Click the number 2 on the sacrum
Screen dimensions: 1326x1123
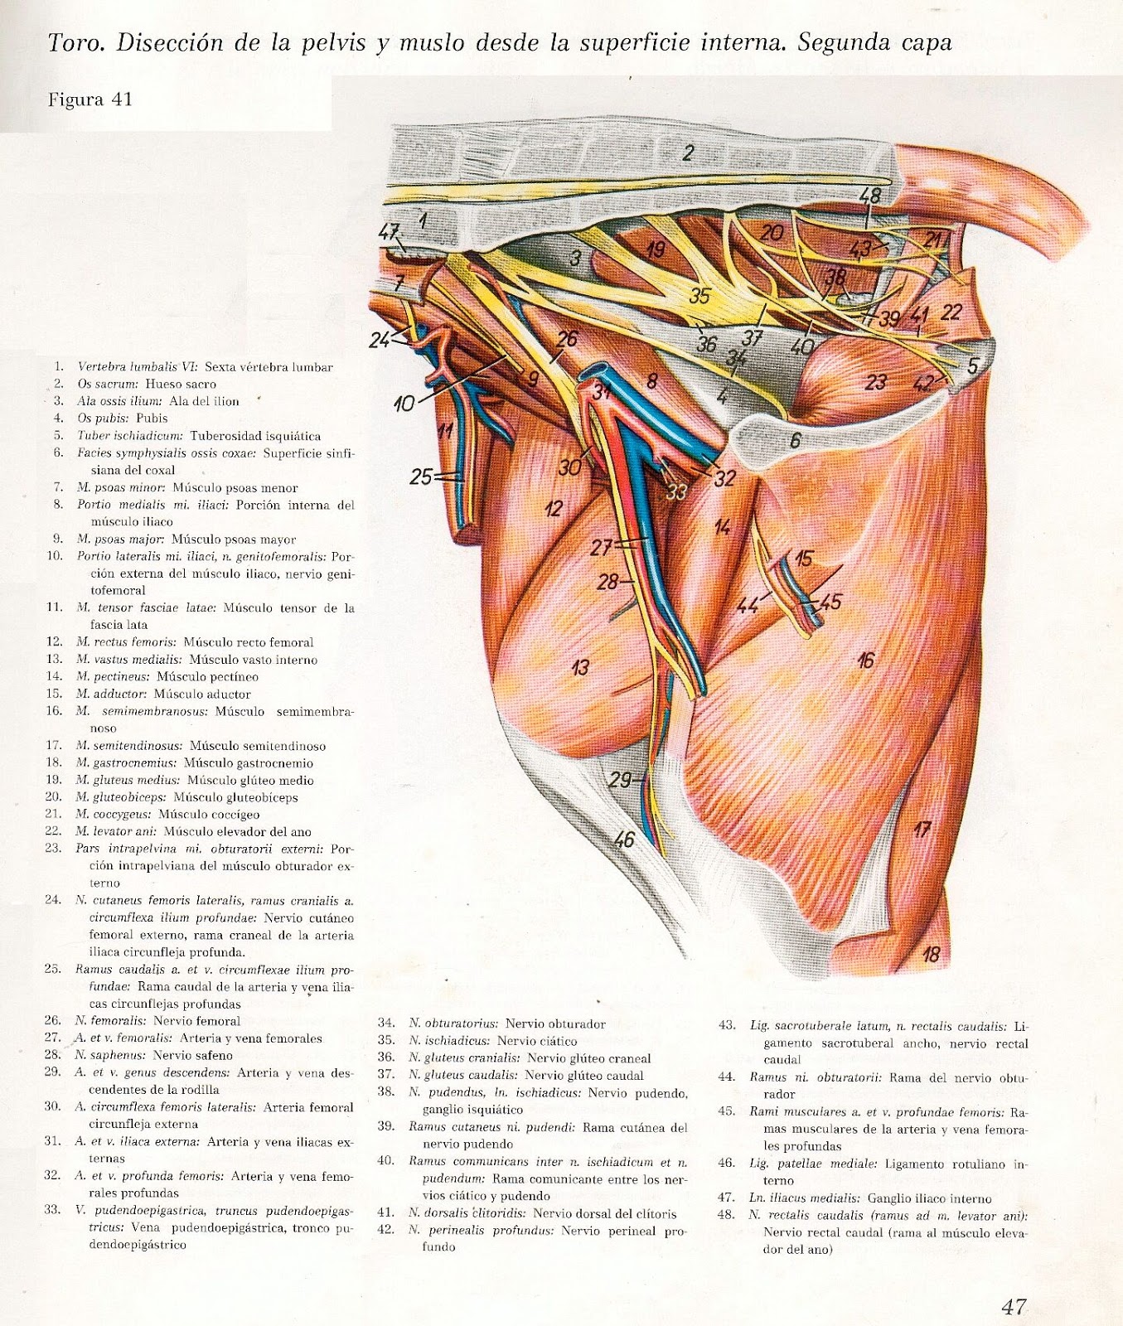[x=688, y=152]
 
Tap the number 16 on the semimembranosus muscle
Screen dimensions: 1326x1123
[x=866, y=660]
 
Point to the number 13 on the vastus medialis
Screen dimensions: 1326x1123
[x=580, y=665]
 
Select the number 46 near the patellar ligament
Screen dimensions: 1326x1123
[x=623, y=840]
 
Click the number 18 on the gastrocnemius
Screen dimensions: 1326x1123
[x=931, y=954]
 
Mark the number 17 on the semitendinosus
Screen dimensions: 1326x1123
[x=922, y=828]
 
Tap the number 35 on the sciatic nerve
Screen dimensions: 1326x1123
[x=699, y=295]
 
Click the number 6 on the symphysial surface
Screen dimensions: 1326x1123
[x=795, y=440]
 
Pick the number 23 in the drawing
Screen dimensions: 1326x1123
[x=875, y=382]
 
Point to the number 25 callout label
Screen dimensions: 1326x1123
[x=421, y=477]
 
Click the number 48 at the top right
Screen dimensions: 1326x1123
[x=869, y=196]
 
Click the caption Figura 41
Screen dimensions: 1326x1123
[x=90, y=100]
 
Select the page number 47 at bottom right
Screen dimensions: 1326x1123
[x=1014, y=1307]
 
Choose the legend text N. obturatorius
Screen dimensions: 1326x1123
[x=453, y=1024]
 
